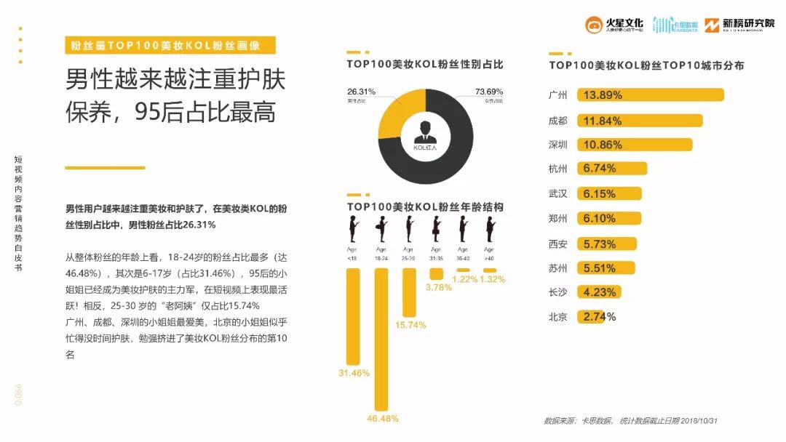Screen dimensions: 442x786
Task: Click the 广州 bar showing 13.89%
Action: [x=650, y=95]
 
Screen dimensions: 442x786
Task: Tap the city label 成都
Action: [x=557, y=120]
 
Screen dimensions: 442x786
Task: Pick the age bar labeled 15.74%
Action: [x=409, y=292]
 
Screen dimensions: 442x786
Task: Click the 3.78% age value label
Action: [x=438, y=287]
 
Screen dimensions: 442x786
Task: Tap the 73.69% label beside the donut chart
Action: [x=489, y=92]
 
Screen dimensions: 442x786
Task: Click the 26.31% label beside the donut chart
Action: [x=361, y=92]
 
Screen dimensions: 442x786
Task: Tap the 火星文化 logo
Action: [x=614, y=25]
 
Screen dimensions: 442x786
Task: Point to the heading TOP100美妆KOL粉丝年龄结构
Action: [x=425, y=207]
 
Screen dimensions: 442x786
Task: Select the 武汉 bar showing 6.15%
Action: [x=609, y=194]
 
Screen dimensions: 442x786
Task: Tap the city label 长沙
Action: [x=557, y=292]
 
